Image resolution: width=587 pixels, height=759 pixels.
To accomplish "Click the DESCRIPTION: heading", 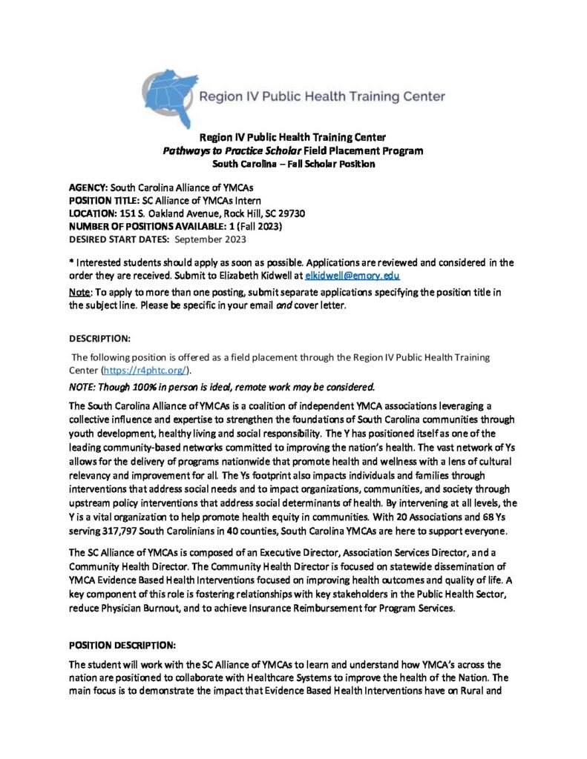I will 99,338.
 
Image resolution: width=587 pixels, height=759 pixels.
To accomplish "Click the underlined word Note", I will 77,294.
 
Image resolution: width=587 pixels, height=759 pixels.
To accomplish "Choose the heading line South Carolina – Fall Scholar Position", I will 293,164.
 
